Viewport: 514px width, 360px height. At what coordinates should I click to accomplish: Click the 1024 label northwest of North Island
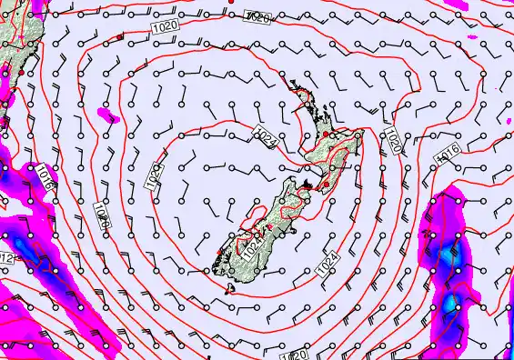(x=266, y=138)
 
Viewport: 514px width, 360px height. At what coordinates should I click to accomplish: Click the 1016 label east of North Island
(x=448, y=154)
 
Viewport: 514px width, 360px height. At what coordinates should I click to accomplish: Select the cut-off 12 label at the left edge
(x=6, y=260)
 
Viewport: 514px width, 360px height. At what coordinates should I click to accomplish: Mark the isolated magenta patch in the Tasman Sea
(x=107, y=115)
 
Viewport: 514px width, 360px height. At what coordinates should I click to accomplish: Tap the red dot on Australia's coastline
(x=19, y=72)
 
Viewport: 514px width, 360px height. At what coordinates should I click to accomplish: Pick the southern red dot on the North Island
(x=325, y=185)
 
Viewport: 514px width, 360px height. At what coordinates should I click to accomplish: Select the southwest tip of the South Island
(x=211, y=265)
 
